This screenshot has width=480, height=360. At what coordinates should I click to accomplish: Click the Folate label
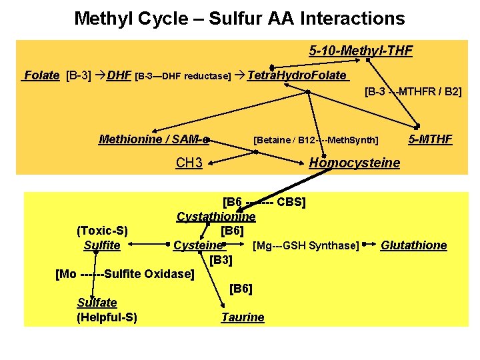pos(41,75)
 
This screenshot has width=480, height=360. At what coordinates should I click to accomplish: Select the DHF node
pos(119,75)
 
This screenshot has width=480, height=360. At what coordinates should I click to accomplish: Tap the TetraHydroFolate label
pos(297,75)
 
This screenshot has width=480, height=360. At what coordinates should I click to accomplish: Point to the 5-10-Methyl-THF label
pos(361,51)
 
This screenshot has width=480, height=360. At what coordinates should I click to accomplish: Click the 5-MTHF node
pos(431,139)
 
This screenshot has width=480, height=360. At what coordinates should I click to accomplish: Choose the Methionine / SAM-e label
pos(154,139)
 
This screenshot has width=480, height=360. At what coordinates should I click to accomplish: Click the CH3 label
pos(189,163)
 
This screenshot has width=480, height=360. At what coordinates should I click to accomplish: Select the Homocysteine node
pos(355,163)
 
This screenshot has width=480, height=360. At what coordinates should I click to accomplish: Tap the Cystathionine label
pos(216,217)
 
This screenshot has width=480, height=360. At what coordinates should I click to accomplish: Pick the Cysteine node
pos(199,245)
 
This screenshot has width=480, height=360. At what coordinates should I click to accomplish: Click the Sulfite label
pos(102,245)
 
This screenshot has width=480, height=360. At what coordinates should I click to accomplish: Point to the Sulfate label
pos(97,303)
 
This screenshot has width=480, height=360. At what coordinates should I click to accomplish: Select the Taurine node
pos(243,317)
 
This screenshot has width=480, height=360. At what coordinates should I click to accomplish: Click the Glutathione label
pos(414,245)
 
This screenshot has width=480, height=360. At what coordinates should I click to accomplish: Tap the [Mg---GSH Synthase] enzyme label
pos(306,245)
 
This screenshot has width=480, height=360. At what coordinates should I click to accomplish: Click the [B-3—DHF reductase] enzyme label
pos(183,76)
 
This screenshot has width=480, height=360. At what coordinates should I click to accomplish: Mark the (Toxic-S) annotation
pos(102,231)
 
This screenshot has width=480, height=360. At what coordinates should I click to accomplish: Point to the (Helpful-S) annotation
pos(107,317)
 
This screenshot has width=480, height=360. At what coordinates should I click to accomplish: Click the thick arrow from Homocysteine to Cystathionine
pos(284,190)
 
